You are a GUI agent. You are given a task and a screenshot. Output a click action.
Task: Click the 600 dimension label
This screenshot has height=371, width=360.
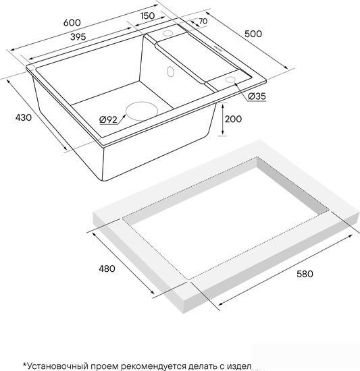tap(72, 22)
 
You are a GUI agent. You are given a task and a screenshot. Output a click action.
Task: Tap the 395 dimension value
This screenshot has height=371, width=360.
tap(78, 37)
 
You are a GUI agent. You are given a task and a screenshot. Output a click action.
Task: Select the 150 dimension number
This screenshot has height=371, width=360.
tap(147, 16)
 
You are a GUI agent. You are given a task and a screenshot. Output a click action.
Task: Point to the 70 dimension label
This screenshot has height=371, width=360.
tap(203, 22)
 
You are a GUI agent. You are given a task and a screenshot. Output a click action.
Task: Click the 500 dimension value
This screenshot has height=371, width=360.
tap(253, 34)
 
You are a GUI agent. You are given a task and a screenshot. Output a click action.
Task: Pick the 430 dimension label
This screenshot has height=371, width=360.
tap(23, 117)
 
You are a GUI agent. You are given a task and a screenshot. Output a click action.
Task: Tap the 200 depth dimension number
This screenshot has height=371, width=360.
tap(233, 119)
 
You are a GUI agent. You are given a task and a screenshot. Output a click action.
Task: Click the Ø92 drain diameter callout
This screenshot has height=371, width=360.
tap(108, 120)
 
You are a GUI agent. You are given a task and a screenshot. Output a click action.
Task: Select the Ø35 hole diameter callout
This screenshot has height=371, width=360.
tap(257, 96)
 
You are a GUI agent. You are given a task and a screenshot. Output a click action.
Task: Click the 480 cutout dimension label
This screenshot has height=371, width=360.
tap(107, 268)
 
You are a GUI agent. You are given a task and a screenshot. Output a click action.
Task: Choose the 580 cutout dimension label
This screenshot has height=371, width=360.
tap(305, 274)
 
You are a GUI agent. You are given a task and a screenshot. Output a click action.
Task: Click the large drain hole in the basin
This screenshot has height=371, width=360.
tap(142, 111)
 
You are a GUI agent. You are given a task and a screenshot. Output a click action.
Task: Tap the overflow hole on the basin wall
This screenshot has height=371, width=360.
tap(170, 72)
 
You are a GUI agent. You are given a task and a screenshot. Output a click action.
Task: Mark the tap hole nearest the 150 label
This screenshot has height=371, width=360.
tap(168, 33)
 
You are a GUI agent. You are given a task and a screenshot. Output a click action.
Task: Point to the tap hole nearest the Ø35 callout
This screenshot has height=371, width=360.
tap(230, 80)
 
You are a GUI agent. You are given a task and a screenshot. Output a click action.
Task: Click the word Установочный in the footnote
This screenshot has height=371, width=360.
tap(55, 366)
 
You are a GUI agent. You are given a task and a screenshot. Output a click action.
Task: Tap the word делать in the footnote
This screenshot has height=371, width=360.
tap(201, 366)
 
